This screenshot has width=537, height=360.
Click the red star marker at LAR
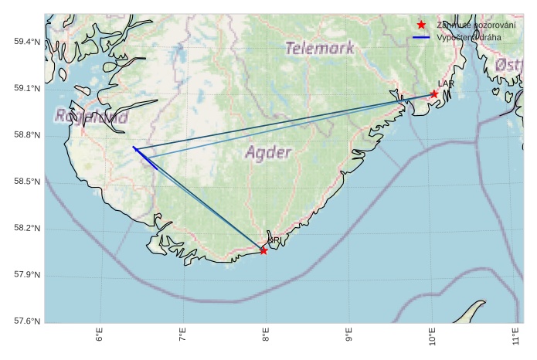point(434,94)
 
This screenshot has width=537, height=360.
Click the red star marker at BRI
point(263,250)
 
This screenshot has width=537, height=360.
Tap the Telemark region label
point(320,48)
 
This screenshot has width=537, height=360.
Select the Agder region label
point(269,152)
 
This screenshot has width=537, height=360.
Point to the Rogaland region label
point(92,117)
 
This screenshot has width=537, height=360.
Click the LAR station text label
point(446,83)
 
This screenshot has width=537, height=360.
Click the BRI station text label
point(274,241)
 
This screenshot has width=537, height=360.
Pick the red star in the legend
point(421,25)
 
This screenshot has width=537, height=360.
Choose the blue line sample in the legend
point(421,37)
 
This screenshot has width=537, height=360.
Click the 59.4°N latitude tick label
point(27,42)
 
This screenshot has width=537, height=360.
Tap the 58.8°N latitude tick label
point(27,135)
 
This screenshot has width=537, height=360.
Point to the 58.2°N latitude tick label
point(27,229)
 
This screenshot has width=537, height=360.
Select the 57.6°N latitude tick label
point(27,321)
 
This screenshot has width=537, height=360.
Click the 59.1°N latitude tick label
point(27,89)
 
